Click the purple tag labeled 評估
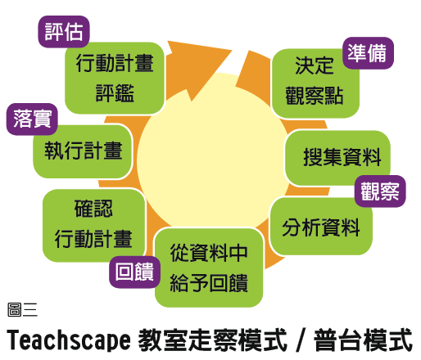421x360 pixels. [64, 32]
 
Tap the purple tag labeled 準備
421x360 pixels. [368, 53]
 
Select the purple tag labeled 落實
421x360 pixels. [32, 119]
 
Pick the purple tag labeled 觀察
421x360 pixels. [380, 191]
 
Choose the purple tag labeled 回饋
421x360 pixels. [135, 272]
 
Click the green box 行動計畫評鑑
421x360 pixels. [115, 78]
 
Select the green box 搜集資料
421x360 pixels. [337, 158]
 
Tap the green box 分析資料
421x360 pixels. [321, 227]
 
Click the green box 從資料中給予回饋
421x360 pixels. [209, 268]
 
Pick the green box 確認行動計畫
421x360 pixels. [93, 225]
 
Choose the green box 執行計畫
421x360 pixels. [83, 151]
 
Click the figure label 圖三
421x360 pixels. [22, 309]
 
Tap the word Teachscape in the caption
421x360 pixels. [69, 340]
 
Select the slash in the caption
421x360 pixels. [301, 340]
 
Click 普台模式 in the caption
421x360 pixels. [363, 340]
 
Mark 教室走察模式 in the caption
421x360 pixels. [213, 340]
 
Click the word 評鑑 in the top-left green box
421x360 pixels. [115, 93]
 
